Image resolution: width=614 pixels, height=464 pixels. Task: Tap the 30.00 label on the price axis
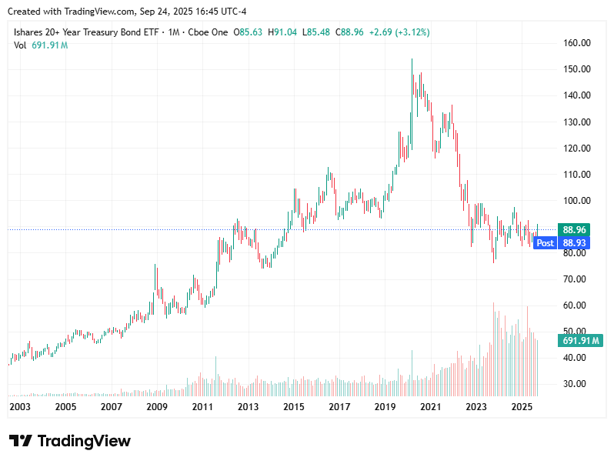[576, 384]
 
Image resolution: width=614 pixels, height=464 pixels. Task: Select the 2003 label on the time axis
[20, 406]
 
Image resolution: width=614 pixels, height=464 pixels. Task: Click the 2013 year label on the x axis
[248, 406]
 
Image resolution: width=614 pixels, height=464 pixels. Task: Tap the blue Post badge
[545, 243]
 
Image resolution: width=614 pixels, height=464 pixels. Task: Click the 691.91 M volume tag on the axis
[582, 341]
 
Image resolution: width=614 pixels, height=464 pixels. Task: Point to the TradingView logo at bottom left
[70, 441]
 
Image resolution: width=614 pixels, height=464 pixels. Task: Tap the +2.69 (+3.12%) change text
[399, 32]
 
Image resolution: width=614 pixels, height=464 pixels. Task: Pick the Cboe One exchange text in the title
[209, 32]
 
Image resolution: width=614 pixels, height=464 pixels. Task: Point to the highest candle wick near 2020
[412, 60]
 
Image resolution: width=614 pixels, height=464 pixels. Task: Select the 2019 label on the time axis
[385, 406]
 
